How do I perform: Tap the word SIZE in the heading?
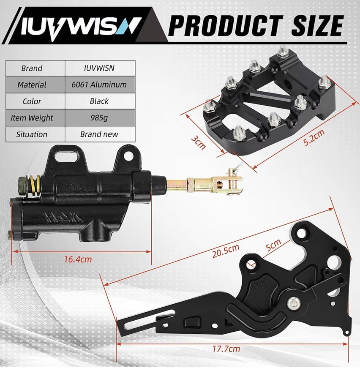pos(318,25)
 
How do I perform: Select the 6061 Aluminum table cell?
pos(100,85)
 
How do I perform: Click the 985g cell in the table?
pos(100,117)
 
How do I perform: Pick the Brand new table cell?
pos(100,134)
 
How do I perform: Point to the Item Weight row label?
pos(32,118)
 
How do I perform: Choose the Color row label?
pos(32,101)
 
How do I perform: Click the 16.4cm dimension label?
pos(78,259)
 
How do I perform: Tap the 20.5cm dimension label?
pos(226,251)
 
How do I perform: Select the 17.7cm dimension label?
pos(226,349)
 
